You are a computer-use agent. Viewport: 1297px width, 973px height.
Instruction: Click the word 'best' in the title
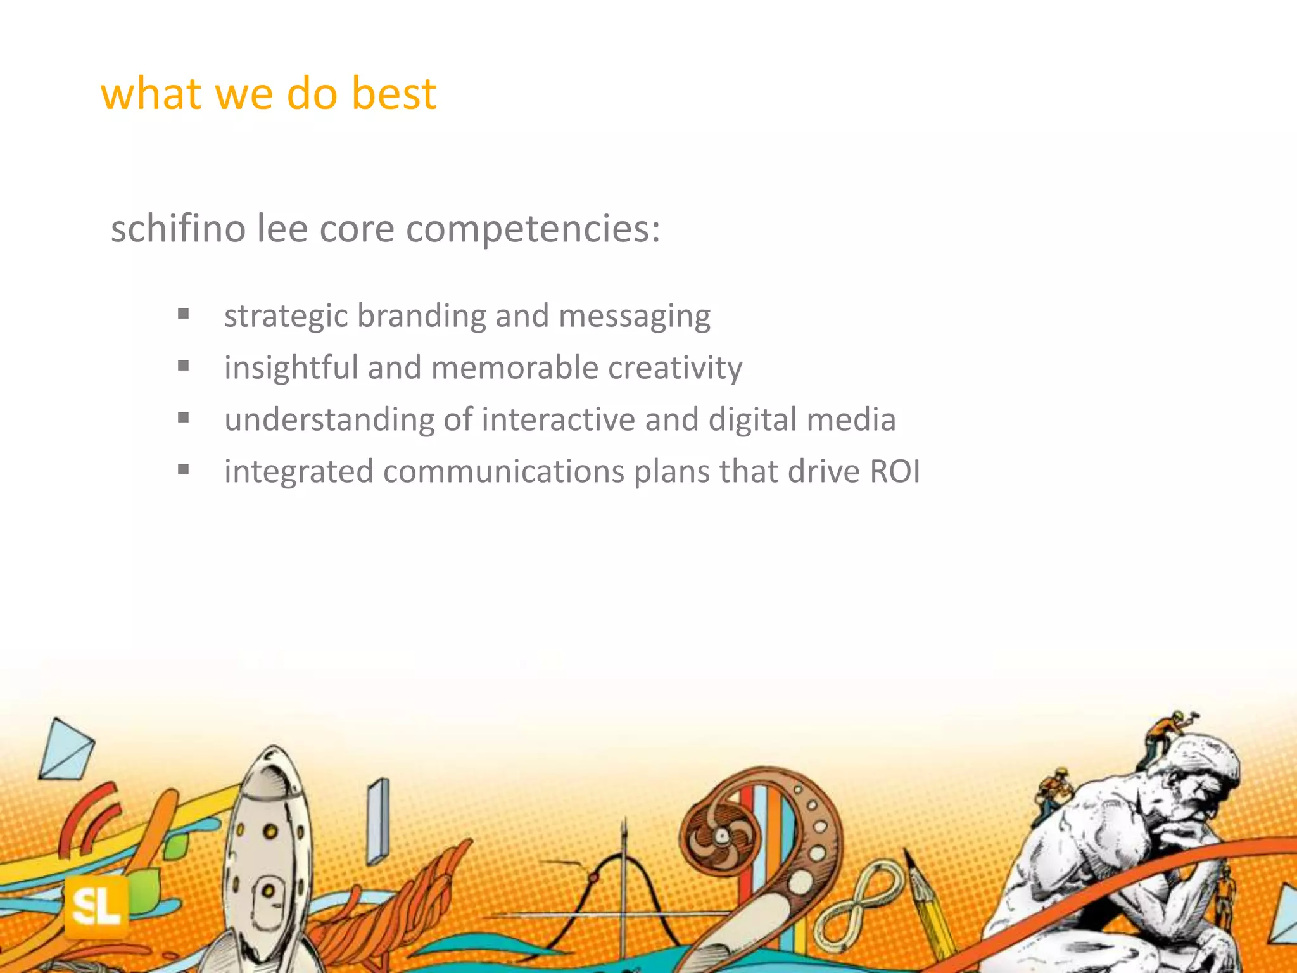point(393,94)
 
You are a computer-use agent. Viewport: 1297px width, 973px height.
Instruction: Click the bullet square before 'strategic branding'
point(184,314)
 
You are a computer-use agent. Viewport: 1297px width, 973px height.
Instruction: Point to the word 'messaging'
point(634,316)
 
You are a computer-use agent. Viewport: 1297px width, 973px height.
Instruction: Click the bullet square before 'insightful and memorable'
point(184,366)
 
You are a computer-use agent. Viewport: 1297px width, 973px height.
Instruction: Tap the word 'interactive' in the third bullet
point(558,420)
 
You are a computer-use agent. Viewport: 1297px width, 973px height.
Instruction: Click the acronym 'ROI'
point(894,472)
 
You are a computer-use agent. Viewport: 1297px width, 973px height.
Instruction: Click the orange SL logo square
point(96,907)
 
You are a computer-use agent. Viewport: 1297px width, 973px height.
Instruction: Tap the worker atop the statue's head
point(1168,735)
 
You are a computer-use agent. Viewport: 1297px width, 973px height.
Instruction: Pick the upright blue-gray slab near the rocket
point(378,821)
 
